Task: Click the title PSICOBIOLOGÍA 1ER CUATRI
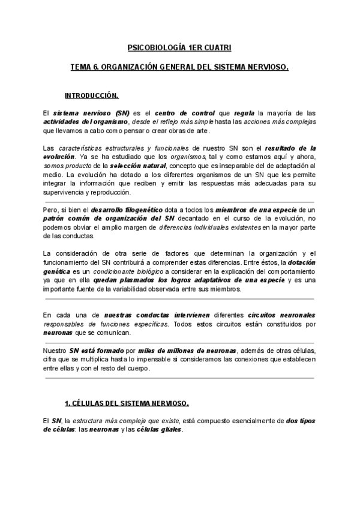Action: click(x=180, y=47)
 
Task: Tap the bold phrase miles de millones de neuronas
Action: click(x=187, y=351)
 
